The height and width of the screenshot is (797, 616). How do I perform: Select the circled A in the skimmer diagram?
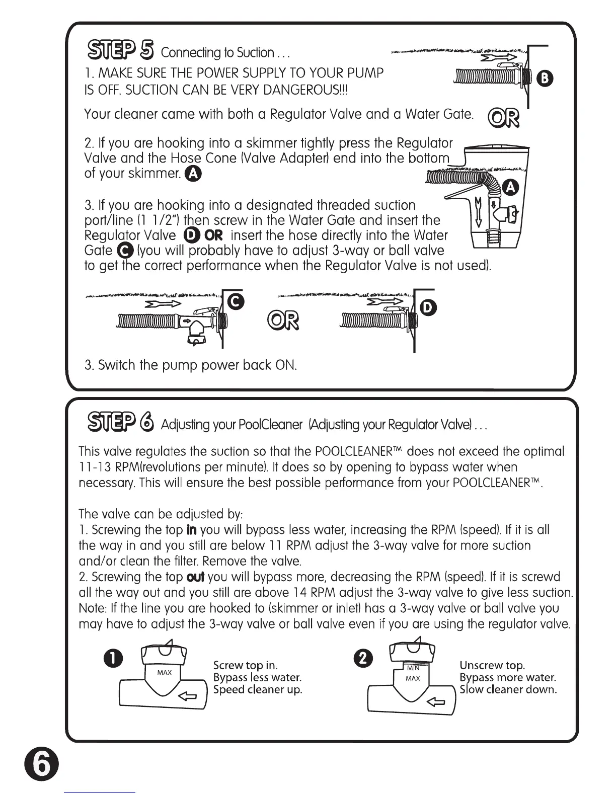[x=511, y=188]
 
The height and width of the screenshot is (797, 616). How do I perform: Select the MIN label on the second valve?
[x=413, y=668]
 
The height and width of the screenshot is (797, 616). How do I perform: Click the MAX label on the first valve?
[x=164, y=673]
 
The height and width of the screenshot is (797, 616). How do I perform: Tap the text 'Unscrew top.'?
[x=492, y=666]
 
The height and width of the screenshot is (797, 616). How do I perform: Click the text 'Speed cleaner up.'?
[x=258, y=689]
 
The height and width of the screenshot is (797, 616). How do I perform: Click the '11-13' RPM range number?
[x=95, y=467]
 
